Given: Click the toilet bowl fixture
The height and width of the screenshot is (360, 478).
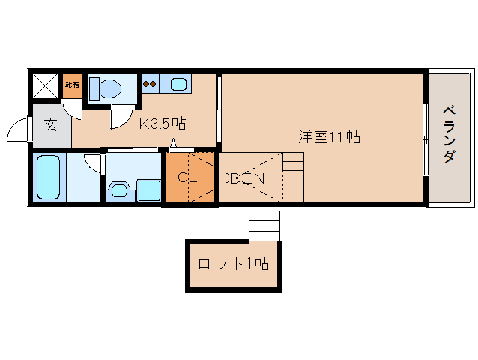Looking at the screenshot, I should tap(105, 89).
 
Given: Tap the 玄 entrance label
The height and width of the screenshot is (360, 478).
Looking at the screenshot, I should tap(50, 125).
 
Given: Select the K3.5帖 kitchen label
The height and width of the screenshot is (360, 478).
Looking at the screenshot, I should tap(163, 124).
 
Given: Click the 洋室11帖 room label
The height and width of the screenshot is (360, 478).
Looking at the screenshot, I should tap(330, 137).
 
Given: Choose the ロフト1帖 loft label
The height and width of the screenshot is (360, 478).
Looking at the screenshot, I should tap(233, 264).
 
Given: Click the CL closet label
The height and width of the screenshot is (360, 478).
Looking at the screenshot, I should tap(187, 178).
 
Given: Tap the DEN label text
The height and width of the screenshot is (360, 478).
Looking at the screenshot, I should tap(245, 178).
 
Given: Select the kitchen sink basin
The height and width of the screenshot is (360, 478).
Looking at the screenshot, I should tap(179, 84).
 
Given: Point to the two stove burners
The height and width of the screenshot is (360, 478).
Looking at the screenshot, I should tap(149, 84).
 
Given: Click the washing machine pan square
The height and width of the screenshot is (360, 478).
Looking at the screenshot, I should tap(148, 190).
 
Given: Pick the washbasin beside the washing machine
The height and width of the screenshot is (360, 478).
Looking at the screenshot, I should tap(118, 190).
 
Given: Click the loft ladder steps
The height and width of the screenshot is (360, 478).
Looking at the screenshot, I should tap(264, 224).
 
